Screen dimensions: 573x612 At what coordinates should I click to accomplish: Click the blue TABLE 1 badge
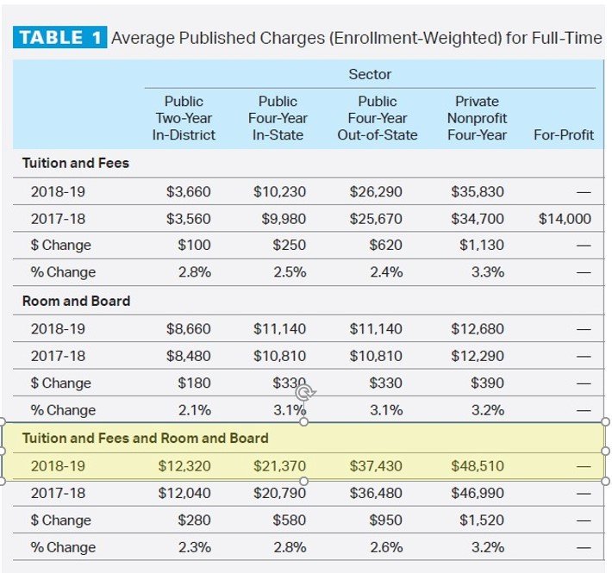(x=59, y=38)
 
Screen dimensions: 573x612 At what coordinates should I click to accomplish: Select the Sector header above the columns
(x=370, y=74)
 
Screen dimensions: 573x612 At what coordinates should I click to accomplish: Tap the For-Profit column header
(x=564, y=134)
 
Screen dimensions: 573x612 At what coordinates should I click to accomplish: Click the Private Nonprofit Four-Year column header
(x=477, y=118)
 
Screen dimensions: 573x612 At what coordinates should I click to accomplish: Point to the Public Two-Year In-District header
(x=184, y=118)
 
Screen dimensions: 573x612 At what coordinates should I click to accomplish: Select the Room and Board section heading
(x=76, y=301)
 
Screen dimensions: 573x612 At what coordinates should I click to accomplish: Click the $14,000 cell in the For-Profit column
(x=565, y=219)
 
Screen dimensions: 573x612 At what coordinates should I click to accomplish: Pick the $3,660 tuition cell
(x=188, y=191)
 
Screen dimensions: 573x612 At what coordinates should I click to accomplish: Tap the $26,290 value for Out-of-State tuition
(x=375, y=191)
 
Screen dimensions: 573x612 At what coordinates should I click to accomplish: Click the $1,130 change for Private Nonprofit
(x=482, y=246)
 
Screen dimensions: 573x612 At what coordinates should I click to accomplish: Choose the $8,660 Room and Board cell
(x=188, y=329)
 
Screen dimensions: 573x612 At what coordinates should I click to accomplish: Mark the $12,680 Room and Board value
(x=477, y=329)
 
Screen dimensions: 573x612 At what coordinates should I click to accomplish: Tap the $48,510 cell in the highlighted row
(x=477, y=466)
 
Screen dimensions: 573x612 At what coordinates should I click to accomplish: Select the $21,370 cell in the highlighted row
(x=280, y=466)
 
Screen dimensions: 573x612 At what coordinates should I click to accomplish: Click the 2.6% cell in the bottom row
(x=385, y=547)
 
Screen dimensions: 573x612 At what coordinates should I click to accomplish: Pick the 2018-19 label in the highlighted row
(x=58, y=466)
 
